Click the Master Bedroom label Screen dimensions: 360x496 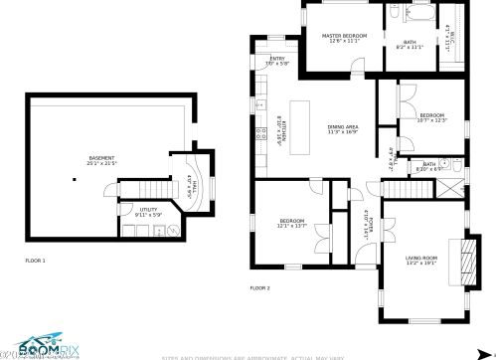[x=344, y=36]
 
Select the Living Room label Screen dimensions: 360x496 [x=420, y=259]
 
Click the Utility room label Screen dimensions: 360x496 [x=147, y=209]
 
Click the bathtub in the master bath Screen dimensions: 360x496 [x=416, y=17]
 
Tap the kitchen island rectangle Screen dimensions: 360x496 [x=300, y=125]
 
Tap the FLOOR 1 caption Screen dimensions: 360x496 [x=35, y=261]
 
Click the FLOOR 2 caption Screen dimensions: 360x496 [x=259, y=287]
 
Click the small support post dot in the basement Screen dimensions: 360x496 [x=75, y=179]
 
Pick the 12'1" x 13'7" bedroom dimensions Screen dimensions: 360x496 [x=291, y=226]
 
